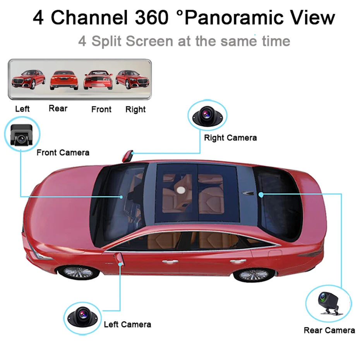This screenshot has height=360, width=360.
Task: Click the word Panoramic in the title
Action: (x=231, y=18)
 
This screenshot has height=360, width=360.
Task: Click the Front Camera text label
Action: (x=63, y=153)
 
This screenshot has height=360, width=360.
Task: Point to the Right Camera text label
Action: (x=230, y=138)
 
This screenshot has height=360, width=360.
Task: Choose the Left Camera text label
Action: (x=127, y=324)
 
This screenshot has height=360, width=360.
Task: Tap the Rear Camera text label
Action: (x=329, y=330)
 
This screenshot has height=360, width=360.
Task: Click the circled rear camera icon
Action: (x=329, y=303)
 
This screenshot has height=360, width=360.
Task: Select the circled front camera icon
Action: (x=22, y=134)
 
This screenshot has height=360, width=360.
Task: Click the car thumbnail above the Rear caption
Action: (x=63, y=79)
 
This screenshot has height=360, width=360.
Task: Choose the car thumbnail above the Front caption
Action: (x=98, y=79)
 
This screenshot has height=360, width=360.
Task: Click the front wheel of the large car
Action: (x=79, y=272)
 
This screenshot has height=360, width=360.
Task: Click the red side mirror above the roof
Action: (x=127, y=156)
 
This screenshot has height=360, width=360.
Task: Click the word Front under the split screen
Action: (x=101, y=110)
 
